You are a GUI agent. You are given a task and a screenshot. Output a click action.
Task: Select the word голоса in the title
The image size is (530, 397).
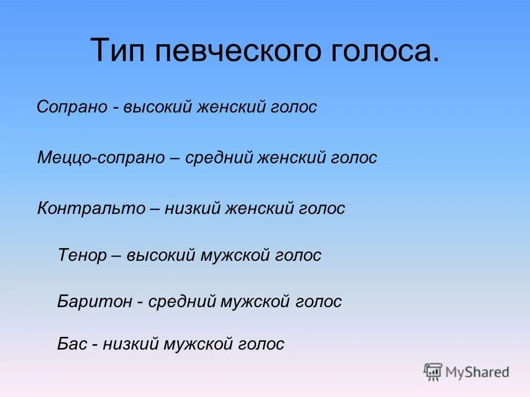coord(382,51)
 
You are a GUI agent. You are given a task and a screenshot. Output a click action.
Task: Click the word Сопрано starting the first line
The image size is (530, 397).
coord(72,107)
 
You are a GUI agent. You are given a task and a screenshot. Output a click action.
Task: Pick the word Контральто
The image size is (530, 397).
coord(87,208)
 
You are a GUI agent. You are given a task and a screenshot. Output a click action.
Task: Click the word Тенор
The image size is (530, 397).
coord(82,255)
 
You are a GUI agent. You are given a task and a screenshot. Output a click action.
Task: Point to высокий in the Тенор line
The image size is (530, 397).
coord(161,255)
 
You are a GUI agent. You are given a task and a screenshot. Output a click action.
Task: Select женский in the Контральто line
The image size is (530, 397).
coord(259,208)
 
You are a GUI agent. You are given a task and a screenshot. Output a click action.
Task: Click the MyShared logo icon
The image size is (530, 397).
coord(433,372)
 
